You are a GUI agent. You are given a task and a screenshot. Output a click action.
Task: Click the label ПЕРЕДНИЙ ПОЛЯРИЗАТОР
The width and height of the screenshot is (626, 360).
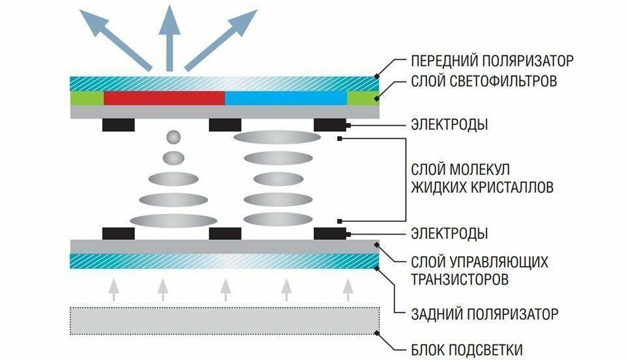(492, 61)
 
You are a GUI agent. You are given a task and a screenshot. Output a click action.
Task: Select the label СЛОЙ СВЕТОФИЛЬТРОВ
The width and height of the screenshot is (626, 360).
(483, 83)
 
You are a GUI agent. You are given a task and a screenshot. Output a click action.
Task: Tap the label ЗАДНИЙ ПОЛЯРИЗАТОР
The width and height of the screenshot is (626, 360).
(484, 314)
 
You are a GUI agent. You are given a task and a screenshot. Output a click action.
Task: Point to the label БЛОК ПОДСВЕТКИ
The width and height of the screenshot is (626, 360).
(466, 349)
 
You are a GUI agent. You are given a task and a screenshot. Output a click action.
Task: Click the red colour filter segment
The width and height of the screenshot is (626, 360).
(164, 98)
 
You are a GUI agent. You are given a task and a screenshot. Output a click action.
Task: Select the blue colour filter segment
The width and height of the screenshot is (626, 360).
(286, 98)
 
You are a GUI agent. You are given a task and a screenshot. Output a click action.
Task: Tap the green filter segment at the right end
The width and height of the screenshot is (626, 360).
(363, 98)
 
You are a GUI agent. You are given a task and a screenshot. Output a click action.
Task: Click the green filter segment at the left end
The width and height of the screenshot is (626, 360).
(86, 98)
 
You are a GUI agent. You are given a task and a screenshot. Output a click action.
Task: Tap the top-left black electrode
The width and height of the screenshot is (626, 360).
(119, 125)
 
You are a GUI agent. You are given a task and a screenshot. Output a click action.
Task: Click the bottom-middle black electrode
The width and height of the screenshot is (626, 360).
(224, 233)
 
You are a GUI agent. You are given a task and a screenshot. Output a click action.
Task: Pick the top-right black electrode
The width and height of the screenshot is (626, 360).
(330, 125)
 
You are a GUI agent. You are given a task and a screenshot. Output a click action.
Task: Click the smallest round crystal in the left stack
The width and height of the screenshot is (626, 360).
(173, 138)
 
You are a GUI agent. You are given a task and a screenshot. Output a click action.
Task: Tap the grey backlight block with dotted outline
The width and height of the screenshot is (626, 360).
(225, 320)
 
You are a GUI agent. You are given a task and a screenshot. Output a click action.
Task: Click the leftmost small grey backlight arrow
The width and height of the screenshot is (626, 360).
(113, 289)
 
